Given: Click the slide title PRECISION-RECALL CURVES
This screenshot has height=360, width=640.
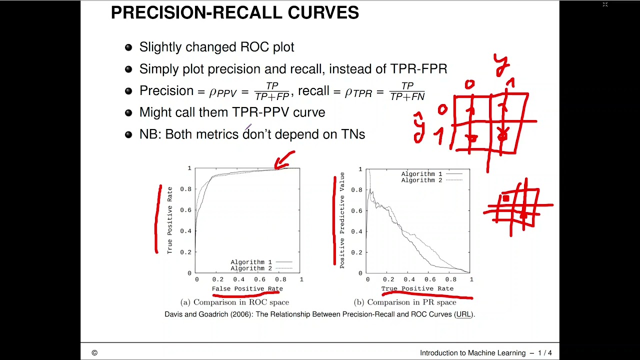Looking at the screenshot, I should pyautogui.click(x=234, y=13).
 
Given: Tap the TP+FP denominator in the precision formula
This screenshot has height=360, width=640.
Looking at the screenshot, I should pyautogui.click(x=272, y=97).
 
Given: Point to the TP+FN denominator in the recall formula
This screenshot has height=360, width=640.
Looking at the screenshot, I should pyautogui.click(x=407, y=97).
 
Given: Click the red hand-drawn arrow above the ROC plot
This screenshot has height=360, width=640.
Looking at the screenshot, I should pyautogui.click(x=285, y=160).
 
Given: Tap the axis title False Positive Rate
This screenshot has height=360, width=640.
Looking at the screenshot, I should pyautogui.click(x=247, y=288).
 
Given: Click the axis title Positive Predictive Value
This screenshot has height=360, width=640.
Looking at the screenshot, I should pyautogui.click(x=342, y=220).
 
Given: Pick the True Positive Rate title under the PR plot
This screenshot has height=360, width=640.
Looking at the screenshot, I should pyautogui.click(x=417, y=288).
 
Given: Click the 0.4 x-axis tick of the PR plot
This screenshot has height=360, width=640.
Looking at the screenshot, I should pyautogui.click(x=409, y=279).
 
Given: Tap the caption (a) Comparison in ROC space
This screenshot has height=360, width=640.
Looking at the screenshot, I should pyautogui.click(x=234, y=302).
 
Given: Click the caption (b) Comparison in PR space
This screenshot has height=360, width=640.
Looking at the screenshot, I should pyautogui.click(x=405, y=302).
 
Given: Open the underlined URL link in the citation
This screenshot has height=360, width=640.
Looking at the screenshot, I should pyautogui.click(x=463, y=314).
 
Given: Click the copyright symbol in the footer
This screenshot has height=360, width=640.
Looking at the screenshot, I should pyautogui.click(x=94, y=353).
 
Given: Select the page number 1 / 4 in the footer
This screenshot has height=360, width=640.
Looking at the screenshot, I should pyautogui.click(x=545, y=353).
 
